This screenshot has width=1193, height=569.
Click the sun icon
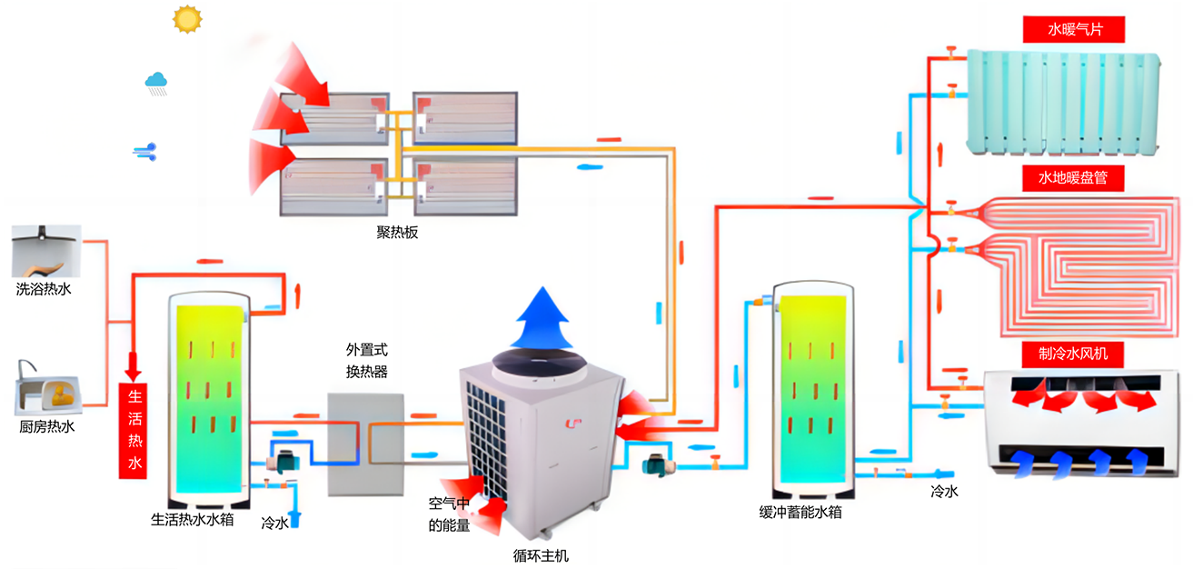[x=187, y=19]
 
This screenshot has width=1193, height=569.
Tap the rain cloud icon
[x=156, y=84]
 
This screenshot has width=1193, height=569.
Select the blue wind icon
[x=144, y=152]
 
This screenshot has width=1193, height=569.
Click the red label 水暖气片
[x=1074, y=29]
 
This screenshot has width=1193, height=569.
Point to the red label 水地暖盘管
[x=1073, y=178]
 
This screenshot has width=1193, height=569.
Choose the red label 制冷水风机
[x=1073, y=354]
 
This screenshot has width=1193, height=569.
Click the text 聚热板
[x=397, y=233]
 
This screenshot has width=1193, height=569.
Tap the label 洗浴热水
[x=43, y=289]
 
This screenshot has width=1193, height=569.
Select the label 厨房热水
[x=47, y=427]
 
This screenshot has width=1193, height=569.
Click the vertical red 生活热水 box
[x=133, y=431]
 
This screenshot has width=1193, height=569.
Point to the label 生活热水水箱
[x=193, y=519]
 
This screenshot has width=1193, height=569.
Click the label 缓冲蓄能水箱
[x=800, y=513]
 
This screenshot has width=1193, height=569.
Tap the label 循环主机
[x=541, y=556]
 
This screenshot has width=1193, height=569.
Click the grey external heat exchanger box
[x=365, y=444]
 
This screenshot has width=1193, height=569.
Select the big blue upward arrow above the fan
[x=543, y=317]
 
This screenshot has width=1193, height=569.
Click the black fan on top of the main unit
[x=539, y=363]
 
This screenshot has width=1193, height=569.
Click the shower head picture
[x=46, y=251]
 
